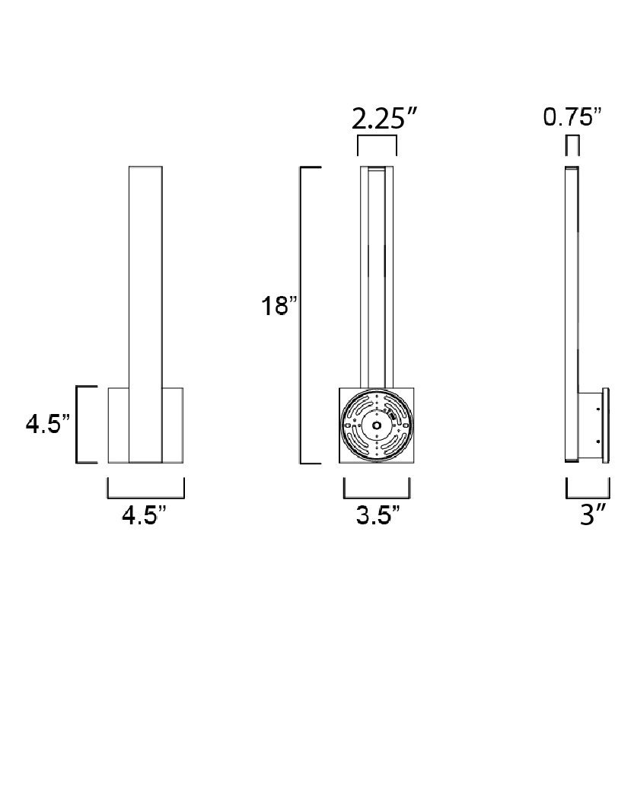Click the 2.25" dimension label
point(384,119)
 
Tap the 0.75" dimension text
point(572,117)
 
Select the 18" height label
point(279,306)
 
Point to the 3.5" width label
point(378,515)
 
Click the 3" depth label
point(593,515)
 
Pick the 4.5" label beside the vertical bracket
point(47,423)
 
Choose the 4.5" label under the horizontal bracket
point(144,515)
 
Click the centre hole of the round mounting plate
point(377,425)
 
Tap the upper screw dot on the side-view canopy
point(598,408)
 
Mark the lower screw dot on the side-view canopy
point(598,441)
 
